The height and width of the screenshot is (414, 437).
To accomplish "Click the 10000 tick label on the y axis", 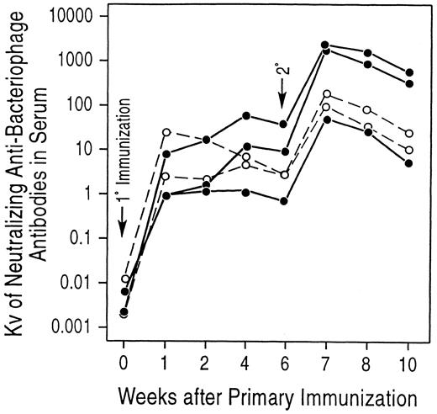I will tap(82, 17).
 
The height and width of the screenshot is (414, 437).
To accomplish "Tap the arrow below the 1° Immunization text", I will tap(124, 220).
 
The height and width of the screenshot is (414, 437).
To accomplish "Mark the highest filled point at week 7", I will tap(325, 45).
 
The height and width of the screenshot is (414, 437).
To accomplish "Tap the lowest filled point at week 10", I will tap(408, 163).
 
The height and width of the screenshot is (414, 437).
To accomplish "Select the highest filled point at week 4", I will tap(245, 115).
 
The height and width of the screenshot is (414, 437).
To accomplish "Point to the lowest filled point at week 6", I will tap(285, 201).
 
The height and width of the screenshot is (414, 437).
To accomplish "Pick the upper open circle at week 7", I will tap(326, 94).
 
